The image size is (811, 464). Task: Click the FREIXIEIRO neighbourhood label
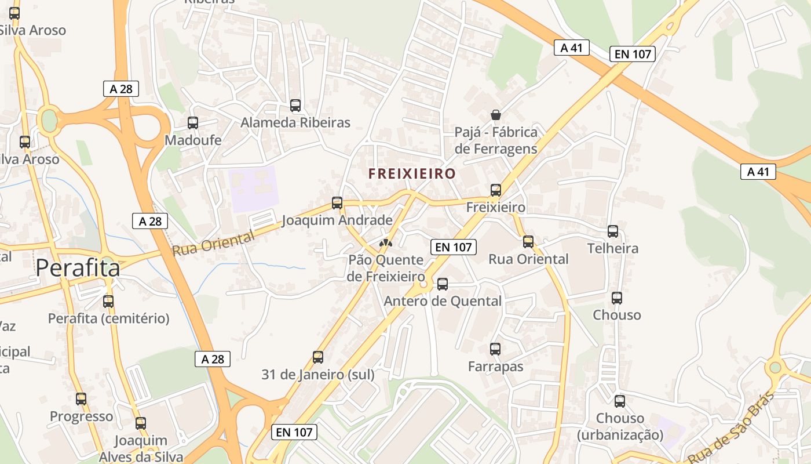412,173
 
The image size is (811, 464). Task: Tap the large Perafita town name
78,268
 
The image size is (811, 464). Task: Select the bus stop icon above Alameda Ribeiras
295,106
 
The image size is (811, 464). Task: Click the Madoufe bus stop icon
193,123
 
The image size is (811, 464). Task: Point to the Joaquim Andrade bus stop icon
337,203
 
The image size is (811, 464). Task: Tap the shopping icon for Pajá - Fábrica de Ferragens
495,114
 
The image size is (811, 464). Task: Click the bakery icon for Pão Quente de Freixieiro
385,242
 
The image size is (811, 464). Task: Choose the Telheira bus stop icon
613,231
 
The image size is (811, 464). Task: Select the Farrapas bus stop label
495,367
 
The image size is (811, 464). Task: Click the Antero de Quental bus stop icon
443,284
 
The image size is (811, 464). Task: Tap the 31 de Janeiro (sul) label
318,375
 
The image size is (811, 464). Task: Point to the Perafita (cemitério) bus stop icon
108,301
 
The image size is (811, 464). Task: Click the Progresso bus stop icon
81,399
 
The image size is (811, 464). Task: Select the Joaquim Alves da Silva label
141,448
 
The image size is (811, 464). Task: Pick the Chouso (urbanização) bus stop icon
620,401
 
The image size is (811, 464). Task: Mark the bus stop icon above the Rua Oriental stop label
528,242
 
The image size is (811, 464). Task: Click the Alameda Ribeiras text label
295,123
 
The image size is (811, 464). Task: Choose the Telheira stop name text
613,249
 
